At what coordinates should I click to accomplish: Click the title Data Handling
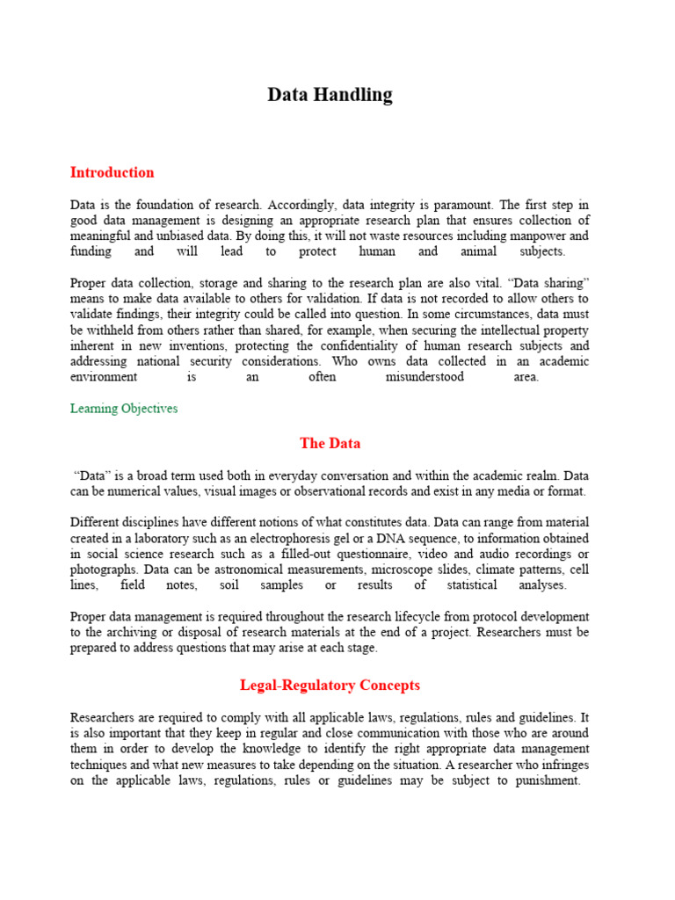point(330,95)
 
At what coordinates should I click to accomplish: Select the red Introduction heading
point(112,172)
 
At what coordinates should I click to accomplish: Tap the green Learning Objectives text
point(124,409)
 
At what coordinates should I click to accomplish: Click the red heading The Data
point(330,443)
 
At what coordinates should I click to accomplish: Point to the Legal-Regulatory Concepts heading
point(330,685)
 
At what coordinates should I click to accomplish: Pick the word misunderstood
point(425,377)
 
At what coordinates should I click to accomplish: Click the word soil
point(266,585)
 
